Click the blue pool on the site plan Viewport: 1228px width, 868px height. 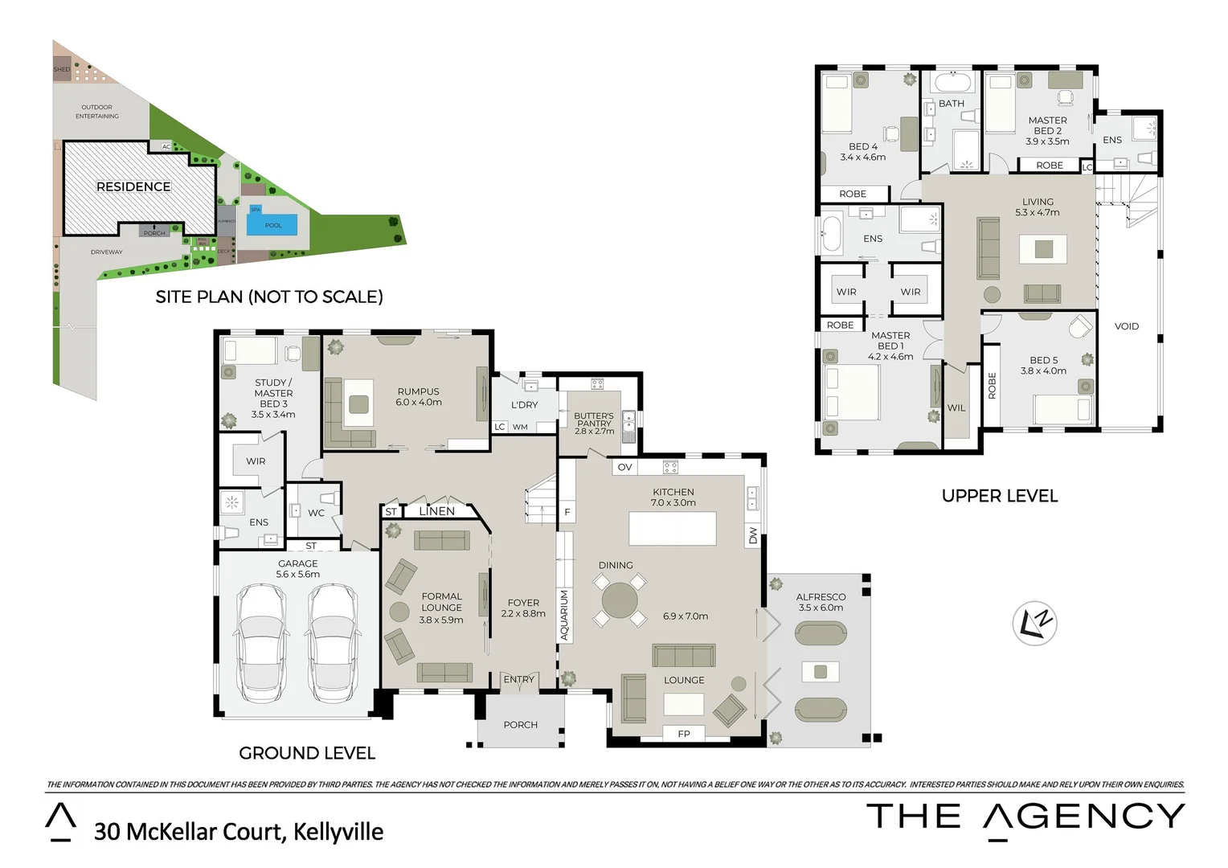(x=272, y=224)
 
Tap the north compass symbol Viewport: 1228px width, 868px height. (x=1034, y=623)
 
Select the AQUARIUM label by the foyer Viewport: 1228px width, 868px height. (x=564, y=615)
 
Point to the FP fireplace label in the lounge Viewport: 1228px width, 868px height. (x=684, y=734)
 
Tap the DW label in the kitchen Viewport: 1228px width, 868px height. (x=753, y=535)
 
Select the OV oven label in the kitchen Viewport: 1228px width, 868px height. (x=624, y=467)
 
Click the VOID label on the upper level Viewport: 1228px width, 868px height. (x=1126, y=326)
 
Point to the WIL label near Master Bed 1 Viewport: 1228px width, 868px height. (x=956, y=407)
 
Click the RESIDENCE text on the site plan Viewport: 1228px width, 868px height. (x=133, y=186)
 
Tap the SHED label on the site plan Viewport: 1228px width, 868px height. (x=62, y=70)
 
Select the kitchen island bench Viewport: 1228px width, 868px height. (x=672, y=529)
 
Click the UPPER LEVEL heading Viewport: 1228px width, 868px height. (x=999, y=496)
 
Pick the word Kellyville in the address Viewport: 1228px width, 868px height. (x=338, y=831)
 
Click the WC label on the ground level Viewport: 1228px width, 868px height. (x=317, y=513)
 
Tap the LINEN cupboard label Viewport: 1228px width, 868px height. (x=436, y=511)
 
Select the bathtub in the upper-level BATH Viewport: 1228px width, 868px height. (x=952, y=83)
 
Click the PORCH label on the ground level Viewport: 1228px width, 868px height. (x=520, y=725)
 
